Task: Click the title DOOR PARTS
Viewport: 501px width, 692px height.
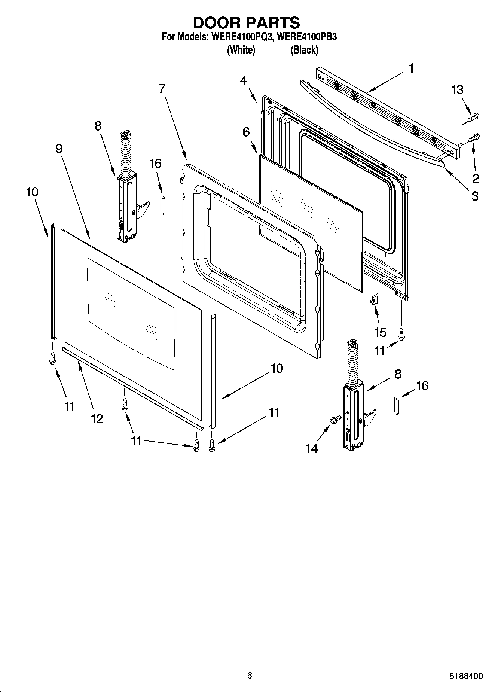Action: (247, 23)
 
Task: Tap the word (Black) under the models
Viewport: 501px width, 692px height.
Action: (304, 50)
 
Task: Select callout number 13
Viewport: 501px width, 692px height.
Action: (457, 90)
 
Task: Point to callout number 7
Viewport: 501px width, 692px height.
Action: (162, 89)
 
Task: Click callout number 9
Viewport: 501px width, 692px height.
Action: (59, 149)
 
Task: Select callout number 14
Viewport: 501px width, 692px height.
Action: (312, 448)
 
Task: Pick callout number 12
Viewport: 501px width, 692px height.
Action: (97, 419)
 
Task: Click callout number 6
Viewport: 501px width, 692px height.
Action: (246, 132)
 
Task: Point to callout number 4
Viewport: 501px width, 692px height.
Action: (244, 80)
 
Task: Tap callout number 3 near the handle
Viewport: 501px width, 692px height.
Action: (475, 196)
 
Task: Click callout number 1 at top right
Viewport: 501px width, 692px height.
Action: (411, 68)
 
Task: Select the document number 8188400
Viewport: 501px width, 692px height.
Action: (466, 676)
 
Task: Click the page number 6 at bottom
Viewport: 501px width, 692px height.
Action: (250, 675)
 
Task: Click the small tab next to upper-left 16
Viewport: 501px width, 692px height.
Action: (163, 204)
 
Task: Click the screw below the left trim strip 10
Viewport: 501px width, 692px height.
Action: (52, 358)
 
